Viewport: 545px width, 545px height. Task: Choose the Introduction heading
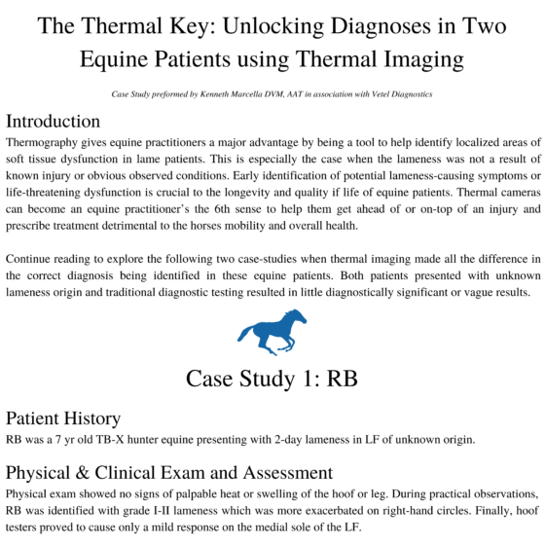tap(66, 122)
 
